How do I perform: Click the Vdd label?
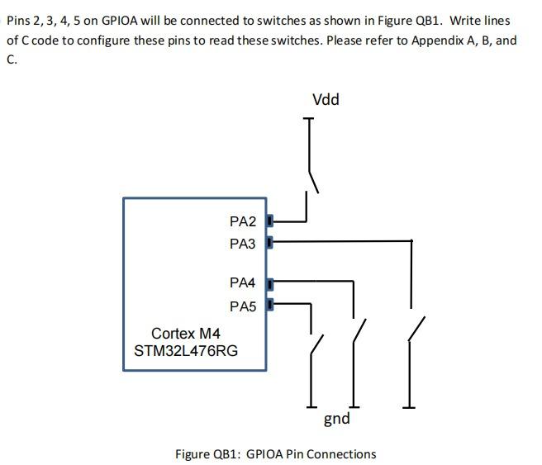[x=326, y=100]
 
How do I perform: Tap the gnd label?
[x=336, y=419]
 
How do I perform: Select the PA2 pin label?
[x=243, y=221]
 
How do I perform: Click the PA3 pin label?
[x=243, y=244]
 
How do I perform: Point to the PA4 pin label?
[x=243, y=283]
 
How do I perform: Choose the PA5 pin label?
[x=243, y=306]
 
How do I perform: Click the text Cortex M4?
[x=186, y=334]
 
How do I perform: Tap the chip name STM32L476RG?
[x=186, y=351]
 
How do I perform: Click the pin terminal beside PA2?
[x=270, y=221]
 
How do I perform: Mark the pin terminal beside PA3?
[x=270, y=243]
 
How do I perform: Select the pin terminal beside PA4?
[x=270, y=282]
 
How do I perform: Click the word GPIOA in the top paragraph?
[x=120, y=20]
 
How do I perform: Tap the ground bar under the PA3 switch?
[x=411, y=406]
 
